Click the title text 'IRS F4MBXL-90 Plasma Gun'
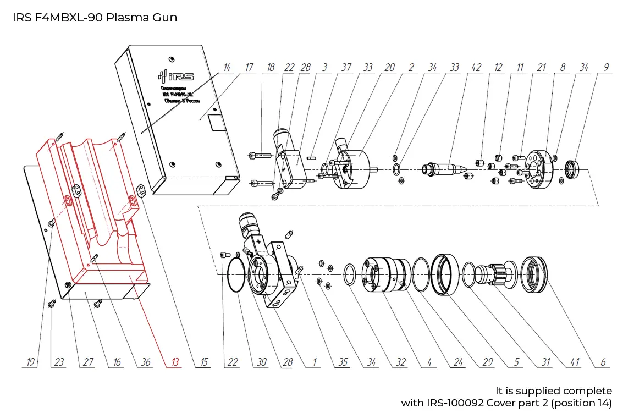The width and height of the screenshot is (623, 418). coord(95,17)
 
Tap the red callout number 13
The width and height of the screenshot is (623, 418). coord(175,362)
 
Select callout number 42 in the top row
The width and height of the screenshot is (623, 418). coord(476,68)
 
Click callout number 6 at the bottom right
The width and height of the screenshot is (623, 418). coord(603,362)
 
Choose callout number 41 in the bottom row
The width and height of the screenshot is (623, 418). coord(575,362)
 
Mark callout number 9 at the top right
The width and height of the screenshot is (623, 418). coord(606,68)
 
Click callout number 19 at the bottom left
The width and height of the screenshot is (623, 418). coord(31,362)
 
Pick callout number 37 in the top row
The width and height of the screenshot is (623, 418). coord(346,68)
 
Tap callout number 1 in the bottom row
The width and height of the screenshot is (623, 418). coord(315,362)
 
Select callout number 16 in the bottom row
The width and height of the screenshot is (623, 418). coord(117,362)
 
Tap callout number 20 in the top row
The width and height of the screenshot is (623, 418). coord(389,68)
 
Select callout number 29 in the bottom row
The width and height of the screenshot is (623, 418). coord(487,362)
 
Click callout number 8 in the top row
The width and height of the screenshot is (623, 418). coord(563,68)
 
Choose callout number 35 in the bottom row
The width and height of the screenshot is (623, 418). coord(343,362)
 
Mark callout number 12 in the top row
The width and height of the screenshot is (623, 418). coord(498,68)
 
